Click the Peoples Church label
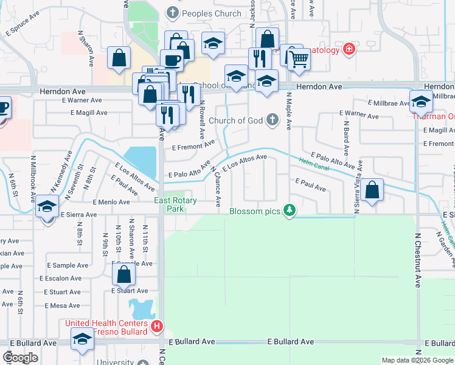click(203, 13)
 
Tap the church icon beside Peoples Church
click(173, 13)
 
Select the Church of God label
click(235, 120)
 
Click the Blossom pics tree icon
click(291, 210)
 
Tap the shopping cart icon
click(299, 60)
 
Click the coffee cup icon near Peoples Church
click(172, 60)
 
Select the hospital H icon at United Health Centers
click(157, 327)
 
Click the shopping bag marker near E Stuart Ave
click(123, 275)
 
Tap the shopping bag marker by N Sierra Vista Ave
click(372, 190)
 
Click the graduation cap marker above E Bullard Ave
click(82, 340)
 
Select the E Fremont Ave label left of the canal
click(193, 145)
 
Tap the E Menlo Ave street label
click(111, 202)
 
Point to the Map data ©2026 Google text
click(417, 360)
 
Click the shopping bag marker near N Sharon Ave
click(119, 58)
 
